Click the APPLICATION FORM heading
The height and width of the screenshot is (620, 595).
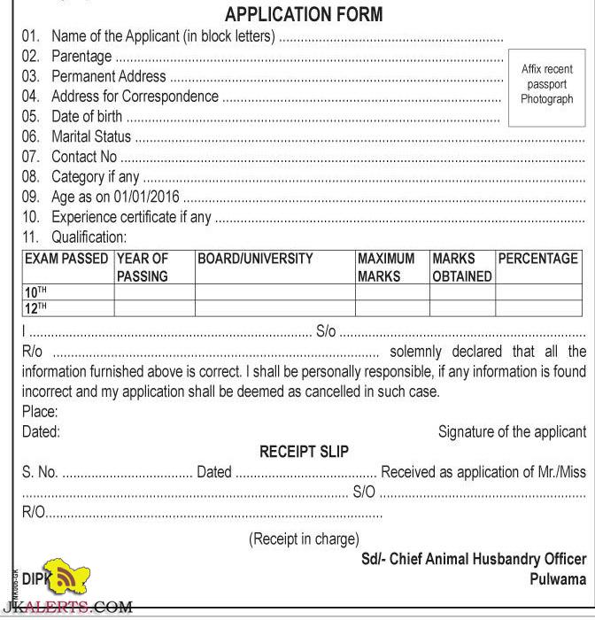(304, 14)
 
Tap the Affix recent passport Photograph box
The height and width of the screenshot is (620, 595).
(546, 84)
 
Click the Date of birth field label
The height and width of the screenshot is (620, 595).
(88, 117)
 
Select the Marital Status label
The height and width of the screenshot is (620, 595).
(90, 136)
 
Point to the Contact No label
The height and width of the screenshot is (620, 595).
(83, 157)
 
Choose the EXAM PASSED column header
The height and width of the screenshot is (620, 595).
(67, 259)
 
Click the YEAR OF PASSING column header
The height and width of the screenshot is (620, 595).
(143, 267)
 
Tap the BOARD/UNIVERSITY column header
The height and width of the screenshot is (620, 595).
(255, 259)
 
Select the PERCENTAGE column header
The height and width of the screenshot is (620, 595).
(538, 259)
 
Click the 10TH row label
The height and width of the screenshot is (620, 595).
(35, 292)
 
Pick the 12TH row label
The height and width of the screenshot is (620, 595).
(35, 308)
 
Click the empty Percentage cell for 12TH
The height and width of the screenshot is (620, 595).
(539, 308)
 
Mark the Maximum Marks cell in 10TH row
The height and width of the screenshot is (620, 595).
(391, 292)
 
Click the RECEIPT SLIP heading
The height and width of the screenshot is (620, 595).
(304, 452)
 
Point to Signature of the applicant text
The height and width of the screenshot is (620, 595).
(512, 432)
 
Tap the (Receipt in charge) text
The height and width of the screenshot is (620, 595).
(304, 539)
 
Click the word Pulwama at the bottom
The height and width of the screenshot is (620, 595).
(558, 578)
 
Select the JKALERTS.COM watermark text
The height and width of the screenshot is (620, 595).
(66, 608)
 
